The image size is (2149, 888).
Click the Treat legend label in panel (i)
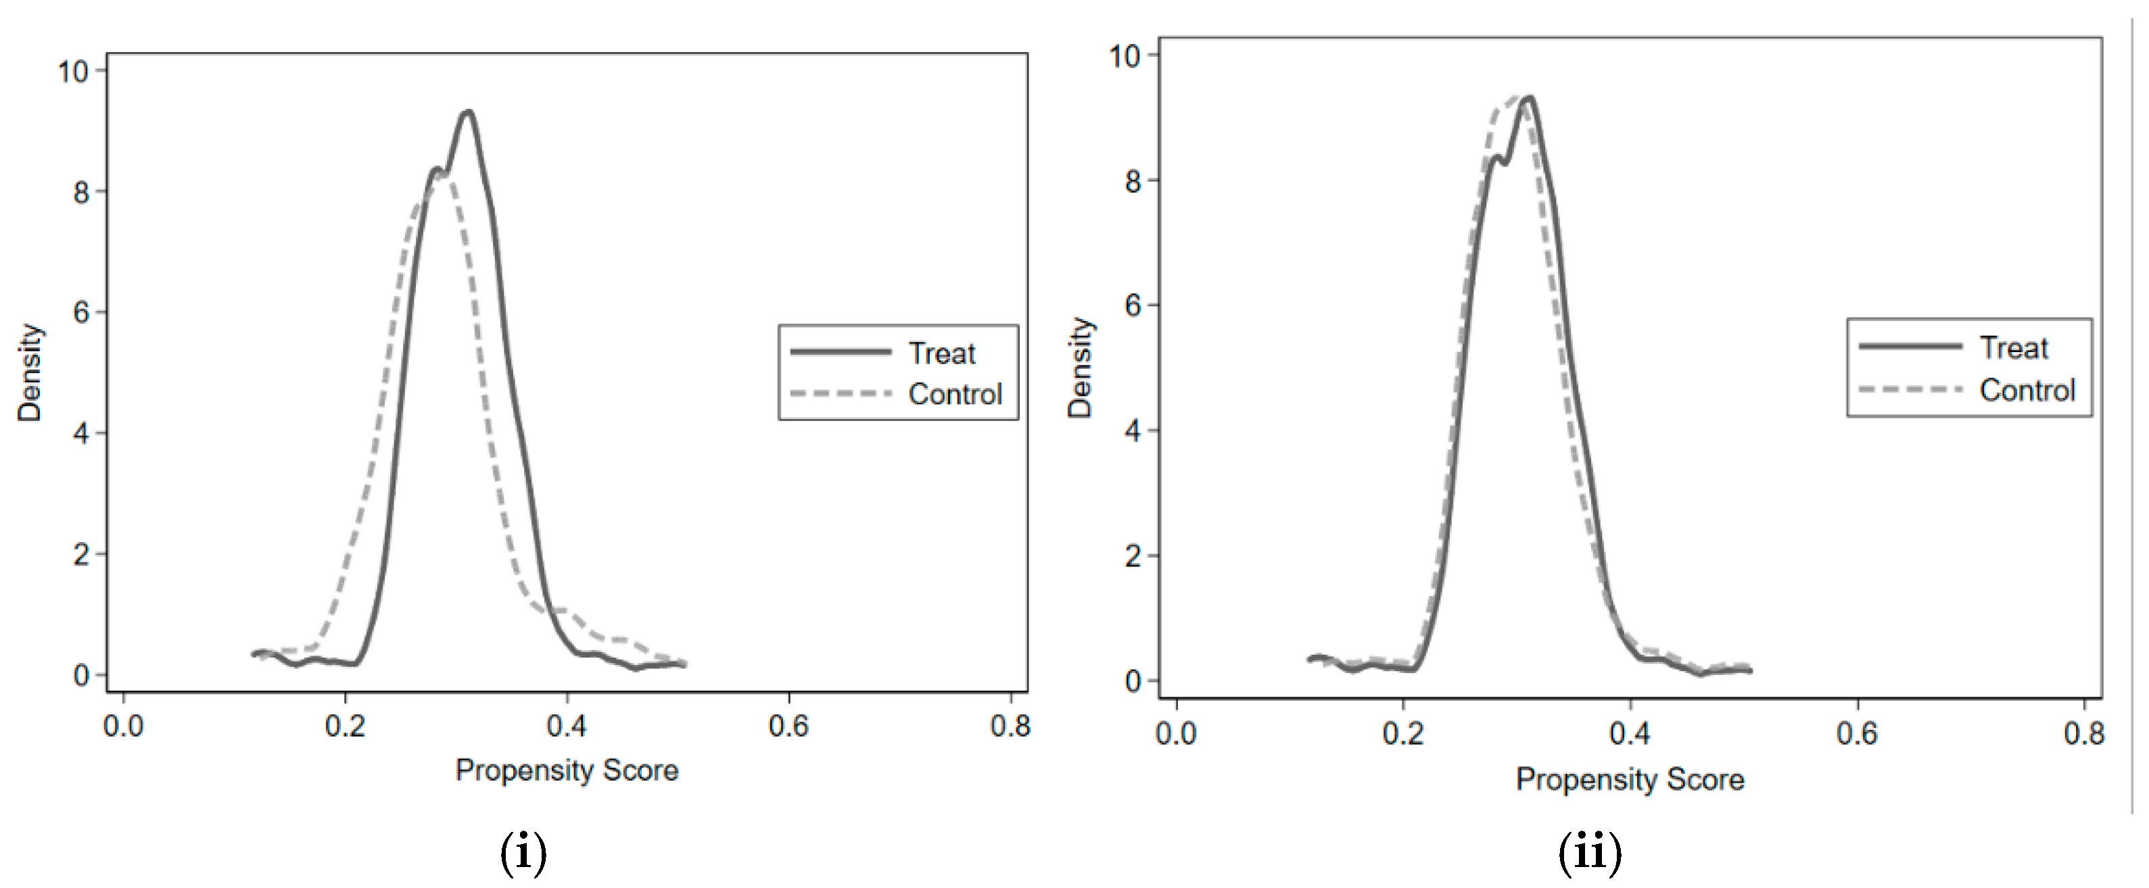[941, 353]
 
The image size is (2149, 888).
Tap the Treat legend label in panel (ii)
[2013, 347]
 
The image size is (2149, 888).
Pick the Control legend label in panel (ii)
[2027, 389]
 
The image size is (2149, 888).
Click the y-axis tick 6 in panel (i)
[81, 313]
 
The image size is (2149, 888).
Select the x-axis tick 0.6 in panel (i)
[788, 727]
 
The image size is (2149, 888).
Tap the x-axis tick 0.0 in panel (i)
[124, 727]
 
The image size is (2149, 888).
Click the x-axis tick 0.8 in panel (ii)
[2083, 734]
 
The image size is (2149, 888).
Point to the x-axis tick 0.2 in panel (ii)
[1403, 734]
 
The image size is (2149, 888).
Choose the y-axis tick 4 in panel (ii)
[1132, 431]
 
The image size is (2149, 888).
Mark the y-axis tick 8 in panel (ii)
[1132, 181]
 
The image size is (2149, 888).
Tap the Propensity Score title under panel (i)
[567, 770]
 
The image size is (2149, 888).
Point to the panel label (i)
[523, 853]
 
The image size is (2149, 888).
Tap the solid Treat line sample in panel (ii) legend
[1910, 346]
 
